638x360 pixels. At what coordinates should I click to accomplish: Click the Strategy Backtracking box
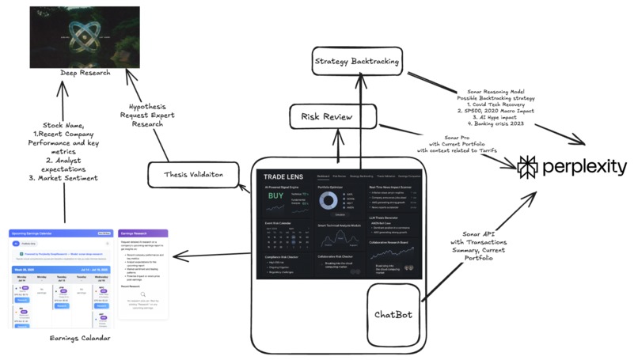point(356,62)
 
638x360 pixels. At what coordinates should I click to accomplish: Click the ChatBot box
point(393,314)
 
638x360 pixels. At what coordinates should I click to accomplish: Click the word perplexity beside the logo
point(585,167)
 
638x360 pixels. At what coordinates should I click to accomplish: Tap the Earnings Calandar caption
point(78,339)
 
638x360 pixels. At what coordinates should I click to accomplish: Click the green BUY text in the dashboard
point(275,195)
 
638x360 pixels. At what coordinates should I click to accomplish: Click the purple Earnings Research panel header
point(143,234)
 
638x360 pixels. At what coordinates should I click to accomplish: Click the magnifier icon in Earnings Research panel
point(143,293)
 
